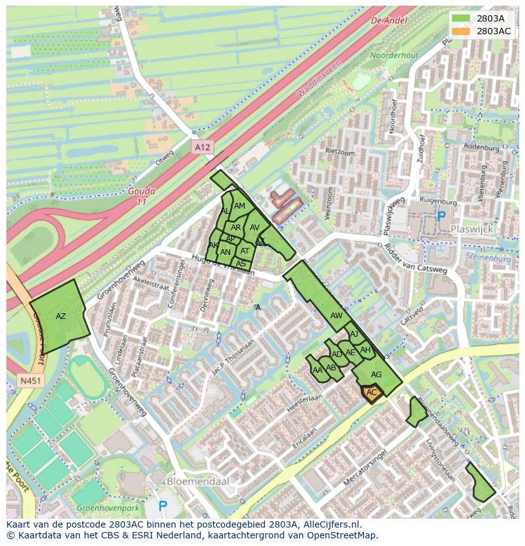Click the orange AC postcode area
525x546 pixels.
point(372,393)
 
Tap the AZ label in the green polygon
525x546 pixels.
point(61,316)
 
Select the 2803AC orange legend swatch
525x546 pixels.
point(461,30)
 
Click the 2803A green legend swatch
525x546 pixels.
point(461,18)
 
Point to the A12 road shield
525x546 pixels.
point(202,147)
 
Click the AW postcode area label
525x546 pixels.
point(336,315)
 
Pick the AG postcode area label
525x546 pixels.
point(376,375)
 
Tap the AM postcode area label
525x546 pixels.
point(239,206)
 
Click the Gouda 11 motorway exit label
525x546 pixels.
point(141,196)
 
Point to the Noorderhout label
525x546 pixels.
point(394,56)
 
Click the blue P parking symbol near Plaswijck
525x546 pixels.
point(441,216)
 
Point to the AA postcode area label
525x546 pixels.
point(318,370)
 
